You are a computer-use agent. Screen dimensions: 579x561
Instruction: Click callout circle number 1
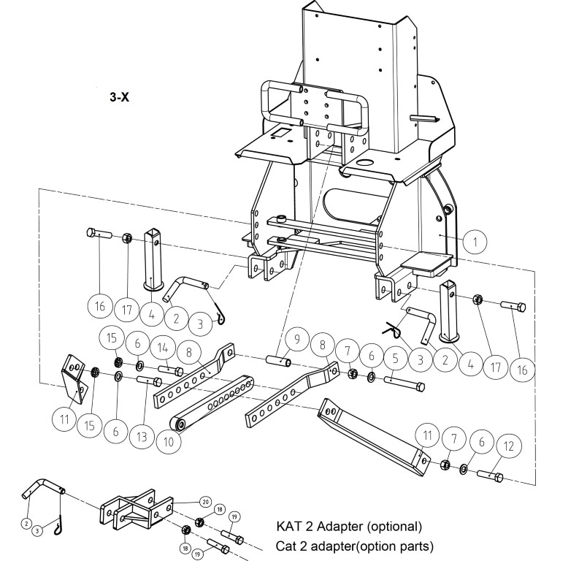[x=475, y=242]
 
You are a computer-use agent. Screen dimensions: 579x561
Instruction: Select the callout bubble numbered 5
[x=396, y=358]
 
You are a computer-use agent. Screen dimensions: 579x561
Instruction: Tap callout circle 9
[x=297, y=339]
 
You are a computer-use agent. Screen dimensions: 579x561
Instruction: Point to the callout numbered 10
[x=169, y=441]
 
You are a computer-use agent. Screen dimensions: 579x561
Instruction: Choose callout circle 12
[x=509, y=447]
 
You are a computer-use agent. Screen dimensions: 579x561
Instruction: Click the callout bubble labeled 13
[x=142, y=437]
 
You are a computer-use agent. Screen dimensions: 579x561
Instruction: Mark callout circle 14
[x=163, y=348]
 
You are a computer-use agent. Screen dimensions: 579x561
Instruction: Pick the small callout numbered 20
[x=206, y=502]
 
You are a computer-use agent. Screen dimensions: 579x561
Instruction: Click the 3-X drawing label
[x=120, y=97]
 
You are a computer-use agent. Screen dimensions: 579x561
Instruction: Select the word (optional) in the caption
[x=394, y=526]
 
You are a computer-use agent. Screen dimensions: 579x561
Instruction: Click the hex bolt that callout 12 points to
[x=490, y=476]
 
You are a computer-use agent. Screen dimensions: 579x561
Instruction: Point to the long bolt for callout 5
[x=404, y=383]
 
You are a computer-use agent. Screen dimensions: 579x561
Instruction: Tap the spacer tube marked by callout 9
[x=279, y=359]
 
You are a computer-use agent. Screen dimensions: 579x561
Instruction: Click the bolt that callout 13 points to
[x=150, y=380]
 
